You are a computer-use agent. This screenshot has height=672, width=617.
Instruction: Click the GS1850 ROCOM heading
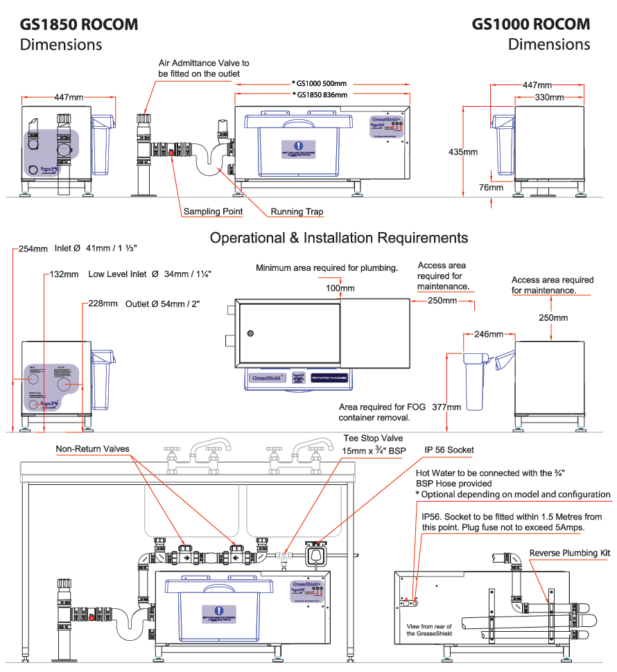coord(79,24)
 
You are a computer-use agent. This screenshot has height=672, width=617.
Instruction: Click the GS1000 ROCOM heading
coord(531,24)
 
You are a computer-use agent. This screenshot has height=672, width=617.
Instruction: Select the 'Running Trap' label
coord(297,211)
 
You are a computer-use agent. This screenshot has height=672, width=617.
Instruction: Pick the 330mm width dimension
coord(548,98)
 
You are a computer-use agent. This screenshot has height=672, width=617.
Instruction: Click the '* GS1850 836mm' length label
coord(320,95)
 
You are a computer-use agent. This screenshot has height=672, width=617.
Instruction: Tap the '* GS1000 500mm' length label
coord(320,83)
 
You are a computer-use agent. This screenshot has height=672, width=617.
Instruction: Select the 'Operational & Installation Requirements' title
coord(338,238)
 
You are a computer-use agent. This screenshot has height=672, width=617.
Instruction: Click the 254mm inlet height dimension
coord(33,249)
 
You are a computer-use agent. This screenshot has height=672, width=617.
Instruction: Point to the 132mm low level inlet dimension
coord(64,274)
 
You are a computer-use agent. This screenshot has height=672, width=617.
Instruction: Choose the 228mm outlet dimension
coord(103,303)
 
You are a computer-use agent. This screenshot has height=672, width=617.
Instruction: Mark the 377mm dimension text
coord(446,407)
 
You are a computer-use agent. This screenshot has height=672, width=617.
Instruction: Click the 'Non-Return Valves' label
coord(92,449)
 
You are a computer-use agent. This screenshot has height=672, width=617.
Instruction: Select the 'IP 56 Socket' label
coord(449,450)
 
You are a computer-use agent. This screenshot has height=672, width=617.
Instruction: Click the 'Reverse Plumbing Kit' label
coord(570,533)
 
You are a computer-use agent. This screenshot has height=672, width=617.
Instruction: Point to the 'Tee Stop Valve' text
coord(373,439)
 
